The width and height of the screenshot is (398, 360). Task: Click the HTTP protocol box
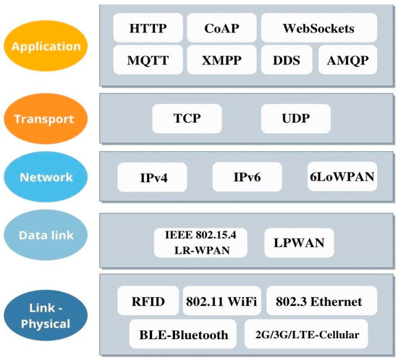(147, 29)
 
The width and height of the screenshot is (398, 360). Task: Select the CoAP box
(220, 29)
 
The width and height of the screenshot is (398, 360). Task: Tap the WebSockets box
(318, 29)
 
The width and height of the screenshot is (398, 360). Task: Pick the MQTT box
(147, 60)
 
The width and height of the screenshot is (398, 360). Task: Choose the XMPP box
(220, 60)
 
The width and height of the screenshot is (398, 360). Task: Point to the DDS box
(286, 60)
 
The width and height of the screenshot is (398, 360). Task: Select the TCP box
(187, 118)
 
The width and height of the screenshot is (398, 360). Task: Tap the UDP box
(295, 118)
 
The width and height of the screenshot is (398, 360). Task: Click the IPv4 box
(153, 177)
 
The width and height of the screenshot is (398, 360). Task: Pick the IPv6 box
(247, 177)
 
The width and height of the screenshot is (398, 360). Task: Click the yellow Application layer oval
(46, 46)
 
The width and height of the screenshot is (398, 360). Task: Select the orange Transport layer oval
(46, 118)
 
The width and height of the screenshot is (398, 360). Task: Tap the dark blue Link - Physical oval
(46, 316)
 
